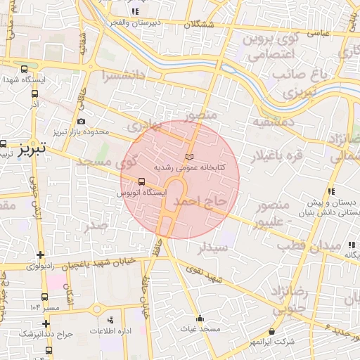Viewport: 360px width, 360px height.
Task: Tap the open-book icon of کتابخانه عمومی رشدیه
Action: pos(188,156)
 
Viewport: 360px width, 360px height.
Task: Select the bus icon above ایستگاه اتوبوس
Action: pos(143,180)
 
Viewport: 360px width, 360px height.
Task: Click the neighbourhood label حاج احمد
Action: pos(201,202)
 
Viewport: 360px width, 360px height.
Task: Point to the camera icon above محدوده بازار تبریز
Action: pos(82,122)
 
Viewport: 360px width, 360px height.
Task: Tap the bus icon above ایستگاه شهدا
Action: pos(25,70)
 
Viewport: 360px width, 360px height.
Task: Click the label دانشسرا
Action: pos(124,74)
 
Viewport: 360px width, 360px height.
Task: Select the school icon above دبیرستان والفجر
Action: pos(135,11)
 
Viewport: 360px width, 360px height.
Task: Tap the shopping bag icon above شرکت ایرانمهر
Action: pos(272,330)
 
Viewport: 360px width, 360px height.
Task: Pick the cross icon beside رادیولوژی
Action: pos(40,255)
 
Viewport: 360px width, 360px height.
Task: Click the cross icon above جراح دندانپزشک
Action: pos(46,323)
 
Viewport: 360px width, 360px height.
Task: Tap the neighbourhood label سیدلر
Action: pos(212,247)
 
